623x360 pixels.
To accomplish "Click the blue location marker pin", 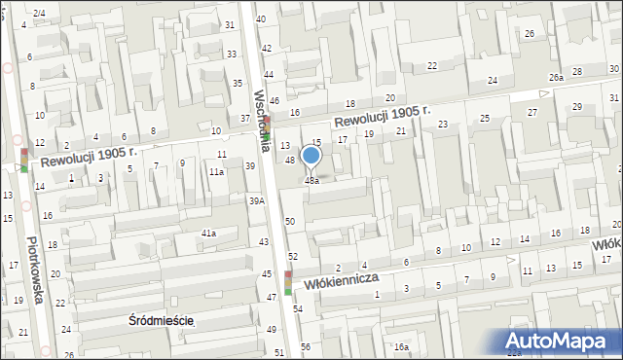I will coord(311,156).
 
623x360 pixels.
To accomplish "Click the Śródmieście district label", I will coord(163,320).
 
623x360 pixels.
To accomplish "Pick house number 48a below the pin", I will coord(311,180).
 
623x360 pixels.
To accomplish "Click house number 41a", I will coord(208,234).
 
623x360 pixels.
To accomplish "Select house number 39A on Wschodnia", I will coord(256,200).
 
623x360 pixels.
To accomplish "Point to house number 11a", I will coord(216,171).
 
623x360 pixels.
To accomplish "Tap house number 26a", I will coord(556,77).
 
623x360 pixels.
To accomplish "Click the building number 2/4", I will coord(39,13).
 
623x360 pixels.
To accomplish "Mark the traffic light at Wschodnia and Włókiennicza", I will coord(288,283).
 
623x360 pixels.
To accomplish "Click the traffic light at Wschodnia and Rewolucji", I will coord(271,125).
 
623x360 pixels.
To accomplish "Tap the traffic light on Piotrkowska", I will coord(23,160).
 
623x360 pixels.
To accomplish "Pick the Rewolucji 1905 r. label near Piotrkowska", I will coord(87,155).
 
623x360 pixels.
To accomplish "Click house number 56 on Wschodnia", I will coord(305,347).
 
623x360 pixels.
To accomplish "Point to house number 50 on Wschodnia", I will coord(290,223).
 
